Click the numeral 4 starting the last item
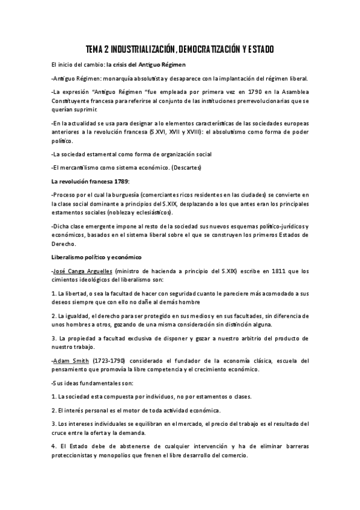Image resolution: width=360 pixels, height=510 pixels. tap(53, 447)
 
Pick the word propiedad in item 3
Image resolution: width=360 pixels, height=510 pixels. tap(79, 338)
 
